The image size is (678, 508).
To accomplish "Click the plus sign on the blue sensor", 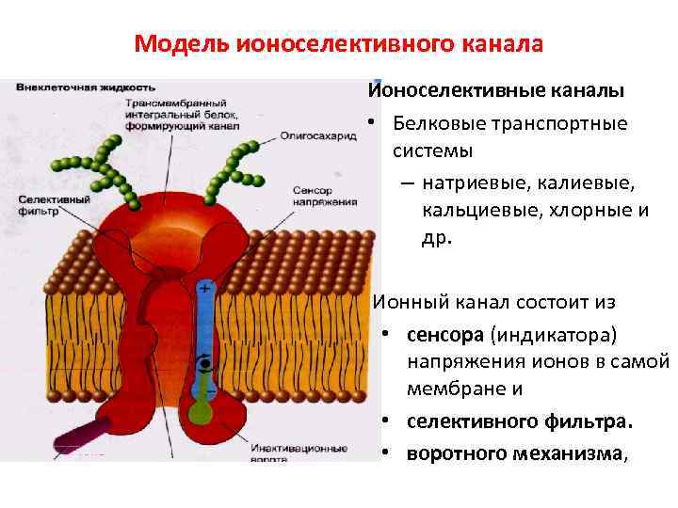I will [203, 283].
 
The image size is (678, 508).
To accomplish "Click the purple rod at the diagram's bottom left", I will [80, 437].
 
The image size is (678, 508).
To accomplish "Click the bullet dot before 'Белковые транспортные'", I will [375, 123].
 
